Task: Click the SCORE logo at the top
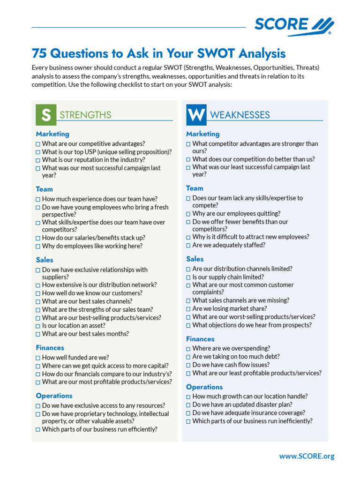[294, 25]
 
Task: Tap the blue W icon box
[196, 115]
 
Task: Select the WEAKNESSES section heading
[240, 115]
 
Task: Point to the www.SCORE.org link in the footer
[307, 456]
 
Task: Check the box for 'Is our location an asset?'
[38, 326]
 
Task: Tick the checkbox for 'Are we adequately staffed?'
[188, 246]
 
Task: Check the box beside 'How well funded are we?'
[38, 358]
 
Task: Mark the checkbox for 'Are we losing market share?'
[188, 309]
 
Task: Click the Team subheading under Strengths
[45, 189]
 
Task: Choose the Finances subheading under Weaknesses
[200, 339]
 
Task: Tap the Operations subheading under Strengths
[54, 396]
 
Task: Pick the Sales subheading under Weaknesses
[195, 259]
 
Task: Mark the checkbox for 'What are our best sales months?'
[38, 335]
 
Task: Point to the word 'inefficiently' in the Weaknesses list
[293, 421]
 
